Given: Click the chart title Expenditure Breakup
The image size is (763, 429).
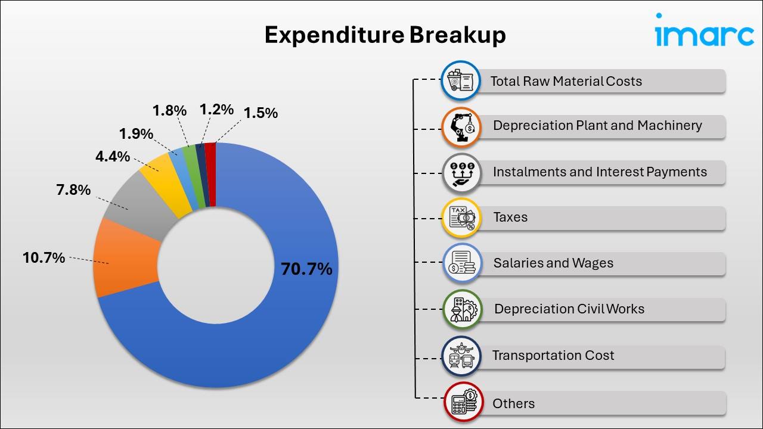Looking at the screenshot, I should pyautogui.click(x=385, y=35).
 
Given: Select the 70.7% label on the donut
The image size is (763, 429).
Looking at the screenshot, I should pyautogui.click(x=306, y=269).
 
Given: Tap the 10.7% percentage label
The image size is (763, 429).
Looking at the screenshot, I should pyautogui.click(x=44, y=258).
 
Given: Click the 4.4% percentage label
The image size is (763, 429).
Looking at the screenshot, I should pyautogui.click(x=112, y=157).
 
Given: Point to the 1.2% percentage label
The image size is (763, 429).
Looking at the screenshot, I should pyautogui.click(x=216, y=109).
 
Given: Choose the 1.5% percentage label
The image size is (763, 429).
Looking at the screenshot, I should pyautogui.click(x=260, y=113).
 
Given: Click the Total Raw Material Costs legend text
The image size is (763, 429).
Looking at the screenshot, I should pyautogui.click(x=566, y=81).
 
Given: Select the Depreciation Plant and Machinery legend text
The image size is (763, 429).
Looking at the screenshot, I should pyautogui.click(x=597, y=126).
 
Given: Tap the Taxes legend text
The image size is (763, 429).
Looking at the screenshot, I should pyautogui.click(x=510, y=217).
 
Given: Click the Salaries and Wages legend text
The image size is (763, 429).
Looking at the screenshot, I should pyautogui.click(x=553, y=263).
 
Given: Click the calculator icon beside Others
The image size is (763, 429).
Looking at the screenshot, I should pyautogui.click(x=463, y=403).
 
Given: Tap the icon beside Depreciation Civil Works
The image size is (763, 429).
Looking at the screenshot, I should pyautogui.click(x=462, y=309).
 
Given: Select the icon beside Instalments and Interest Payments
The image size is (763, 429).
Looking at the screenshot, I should pyautogui.click(x=462, y=172).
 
